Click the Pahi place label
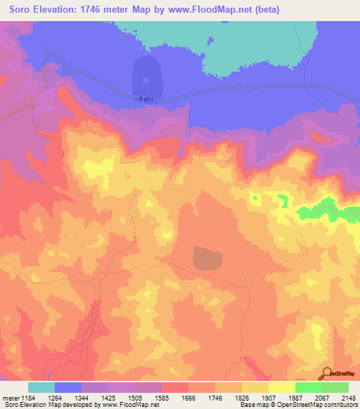coord(145,100)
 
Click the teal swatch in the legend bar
coord(41,387)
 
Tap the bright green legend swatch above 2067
coord(308,387)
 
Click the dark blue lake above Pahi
coord(146,76)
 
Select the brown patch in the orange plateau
coord(207,258)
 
